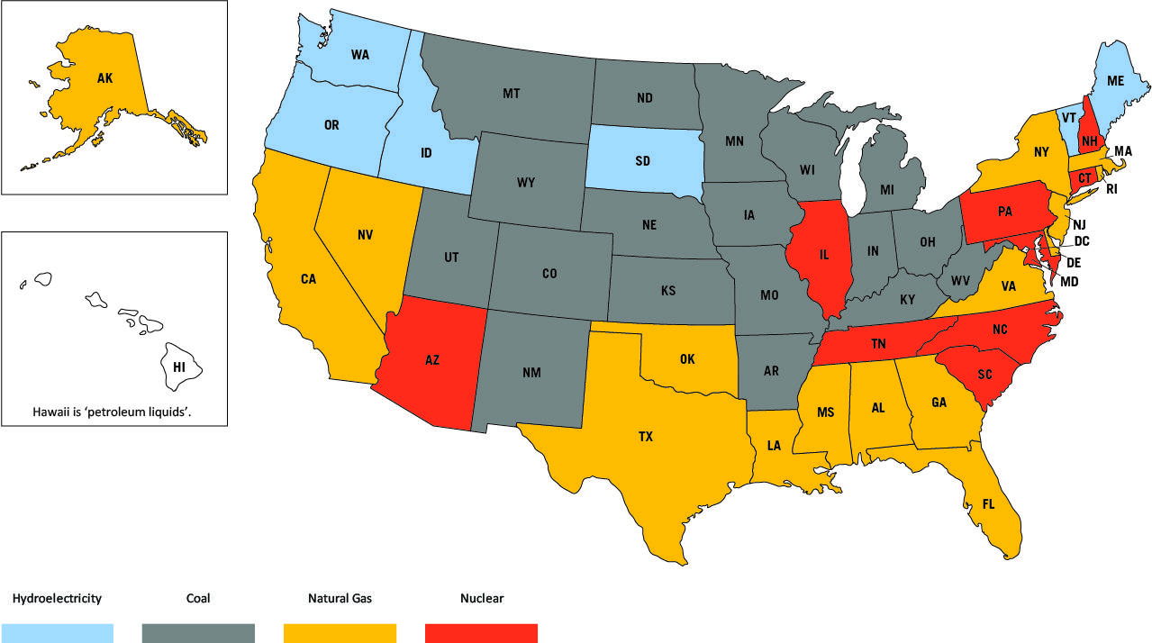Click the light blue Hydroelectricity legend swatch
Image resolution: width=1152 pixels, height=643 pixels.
(x=57, y=632)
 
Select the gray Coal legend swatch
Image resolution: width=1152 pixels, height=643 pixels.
(x=198, y=632)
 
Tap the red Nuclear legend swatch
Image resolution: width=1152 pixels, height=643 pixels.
(x=481, y=632)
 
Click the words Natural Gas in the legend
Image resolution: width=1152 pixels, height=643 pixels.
(x=340, y=598)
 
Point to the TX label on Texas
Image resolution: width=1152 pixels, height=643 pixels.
(x=646, y=437)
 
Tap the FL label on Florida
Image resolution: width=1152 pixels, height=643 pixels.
(x=988, y=504)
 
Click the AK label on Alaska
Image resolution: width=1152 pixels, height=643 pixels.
(x=105, y=79)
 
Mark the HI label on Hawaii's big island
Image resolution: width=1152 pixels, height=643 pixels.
(x=178, y=367)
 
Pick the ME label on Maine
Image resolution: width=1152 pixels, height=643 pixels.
(x=1116, y=81)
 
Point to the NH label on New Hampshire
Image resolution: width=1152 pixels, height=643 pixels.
(x=1089, y=140)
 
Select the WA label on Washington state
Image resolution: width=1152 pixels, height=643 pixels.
(x=360, y=55)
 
